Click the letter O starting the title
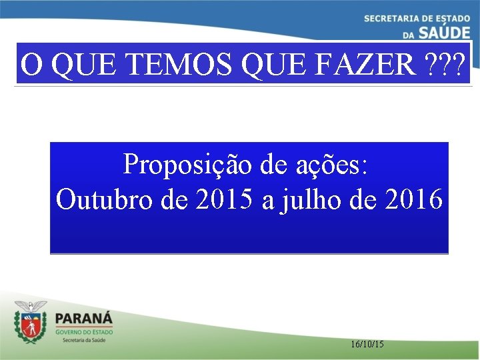click(30, 65)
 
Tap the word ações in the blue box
click(329, 164)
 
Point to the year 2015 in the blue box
click(226, 199)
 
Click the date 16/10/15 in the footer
click(367, 344)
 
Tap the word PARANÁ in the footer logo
click(84, 319)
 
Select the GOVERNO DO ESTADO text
click(84, 331)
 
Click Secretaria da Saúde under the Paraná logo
click(84, 340)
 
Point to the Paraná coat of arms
click(31, 322)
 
